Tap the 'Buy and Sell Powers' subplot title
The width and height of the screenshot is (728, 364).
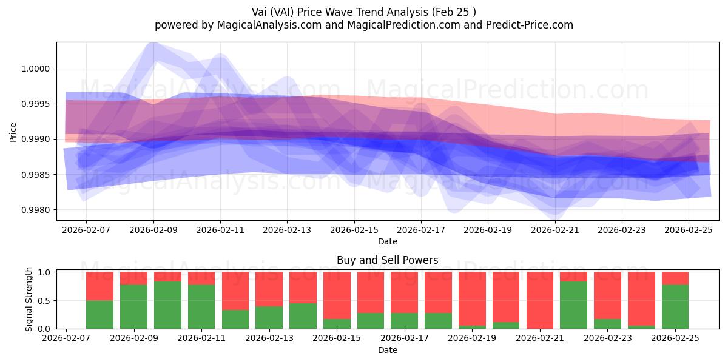[x=387, y=260]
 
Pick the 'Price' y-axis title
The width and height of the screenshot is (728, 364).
[x=13, y=132]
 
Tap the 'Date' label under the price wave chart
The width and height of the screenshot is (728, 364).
[x=387, y=241]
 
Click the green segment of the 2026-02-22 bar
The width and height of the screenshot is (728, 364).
[x=573, y=305]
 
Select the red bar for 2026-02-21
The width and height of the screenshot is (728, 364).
[x=539, y=300]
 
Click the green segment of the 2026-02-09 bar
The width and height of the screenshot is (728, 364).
[x=133, y=307]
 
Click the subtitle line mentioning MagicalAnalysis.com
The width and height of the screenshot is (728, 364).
[x=363, y=25]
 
